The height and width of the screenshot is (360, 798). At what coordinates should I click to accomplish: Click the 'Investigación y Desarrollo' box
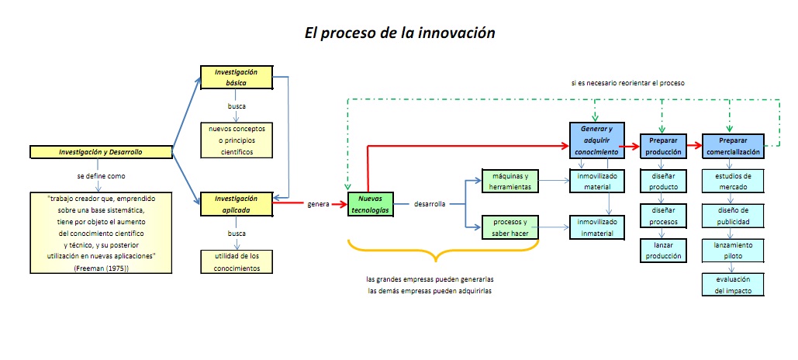(x=101, y=151)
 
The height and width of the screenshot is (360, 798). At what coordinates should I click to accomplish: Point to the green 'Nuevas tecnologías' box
(x=371, y=204)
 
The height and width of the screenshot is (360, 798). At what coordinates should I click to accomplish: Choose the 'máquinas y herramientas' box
(x=510, y=180)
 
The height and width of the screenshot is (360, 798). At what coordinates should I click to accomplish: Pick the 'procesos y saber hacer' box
(x=510, y=227)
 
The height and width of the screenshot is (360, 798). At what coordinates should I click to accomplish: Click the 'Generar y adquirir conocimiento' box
(x=596, y=140)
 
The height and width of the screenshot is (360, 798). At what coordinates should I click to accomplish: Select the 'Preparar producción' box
(x=664, y=145)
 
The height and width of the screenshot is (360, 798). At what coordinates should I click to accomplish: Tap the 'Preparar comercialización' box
(x=733, y=145)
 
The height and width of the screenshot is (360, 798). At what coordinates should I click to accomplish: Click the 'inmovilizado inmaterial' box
(x=596, y=227)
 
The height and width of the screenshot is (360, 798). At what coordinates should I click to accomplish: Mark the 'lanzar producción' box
(x=663, y=250)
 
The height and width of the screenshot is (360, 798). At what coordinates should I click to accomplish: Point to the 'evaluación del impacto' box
(x=733, y=284)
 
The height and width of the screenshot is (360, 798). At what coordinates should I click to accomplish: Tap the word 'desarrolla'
(x=430, y=204)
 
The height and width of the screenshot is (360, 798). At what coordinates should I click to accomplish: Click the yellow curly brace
(x=443, y=252)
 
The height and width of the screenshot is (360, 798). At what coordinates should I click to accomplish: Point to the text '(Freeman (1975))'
(x=101, y=268)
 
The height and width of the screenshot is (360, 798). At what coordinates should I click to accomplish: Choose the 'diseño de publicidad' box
(x=733, y=215)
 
